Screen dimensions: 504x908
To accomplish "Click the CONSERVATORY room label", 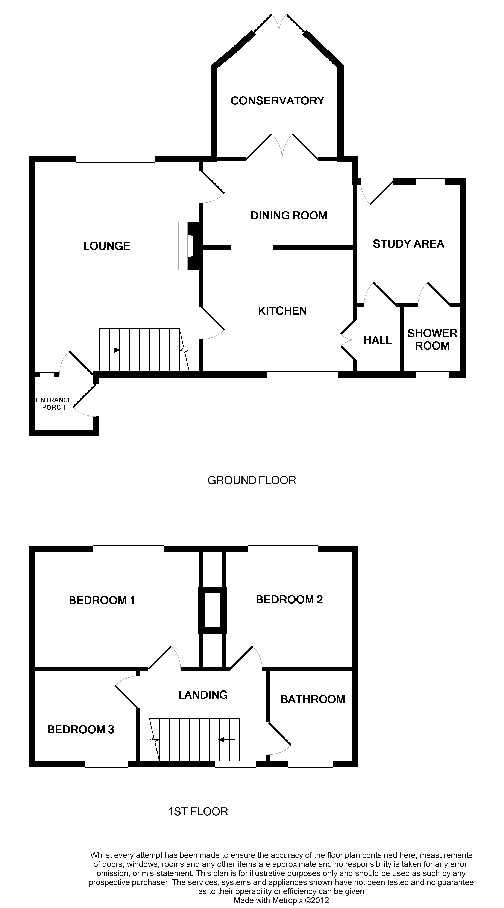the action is [277, 101].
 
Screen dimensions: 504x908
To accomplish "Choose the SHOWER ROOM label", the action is [432, 339].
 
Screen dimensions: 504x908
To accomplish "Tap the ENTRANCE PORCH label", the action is [54, 404].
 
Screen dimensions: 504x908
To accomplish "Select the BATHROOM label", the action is [313, 699].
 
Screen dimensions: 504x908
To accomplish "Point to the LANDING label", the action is [203, 695].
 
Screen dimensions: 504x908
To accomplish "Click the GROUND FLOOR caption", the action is [252, 480].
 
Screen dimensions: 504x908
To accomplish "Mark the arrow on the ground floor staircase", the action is [112, 350].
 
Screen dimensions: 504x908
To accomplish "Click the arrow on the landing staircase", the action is [226, 740].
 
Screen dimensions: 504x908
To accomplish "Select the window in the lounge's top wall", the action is [115, 159].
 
